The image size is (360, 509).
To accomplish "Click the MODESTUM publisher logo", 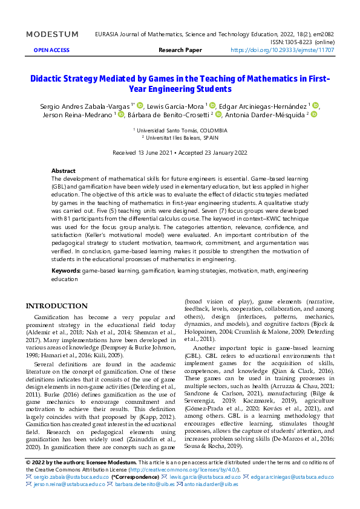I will tap(53, 34).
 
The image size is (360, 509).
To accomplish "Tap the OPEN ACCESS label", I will tap(52, 50).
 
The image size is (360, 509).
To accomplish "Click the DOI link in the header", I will tap(282, 50).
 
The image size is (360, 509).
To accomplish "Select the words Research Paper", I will tap(180, 50).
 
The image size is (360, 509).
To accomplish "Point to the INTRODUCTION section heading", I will tap(56, 306).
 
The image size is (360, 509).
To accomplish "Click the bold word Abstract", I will tap(64, 171).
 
